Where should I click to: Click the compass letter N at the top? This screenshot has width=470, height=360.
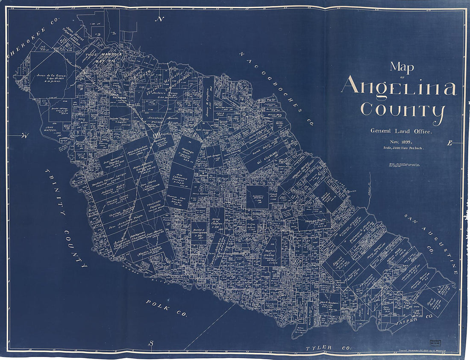[x=160, y=19]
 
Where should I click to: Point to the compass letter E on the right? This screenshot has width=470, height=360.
[x=449, y=143]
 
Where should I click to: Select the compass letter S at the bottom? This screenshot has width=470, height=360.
[x=151, y=343]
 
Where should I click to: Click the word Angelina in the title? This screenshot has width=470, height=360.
[x=399, y=87]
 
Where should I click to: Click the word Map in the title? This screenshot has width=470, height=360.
[x=401, y=67]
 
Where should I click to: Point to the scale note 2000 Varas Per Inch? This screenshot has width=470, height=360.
[x=401, y=148]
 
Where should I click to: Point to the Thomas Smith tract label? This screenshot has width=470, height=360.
[x=315, y=221]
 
